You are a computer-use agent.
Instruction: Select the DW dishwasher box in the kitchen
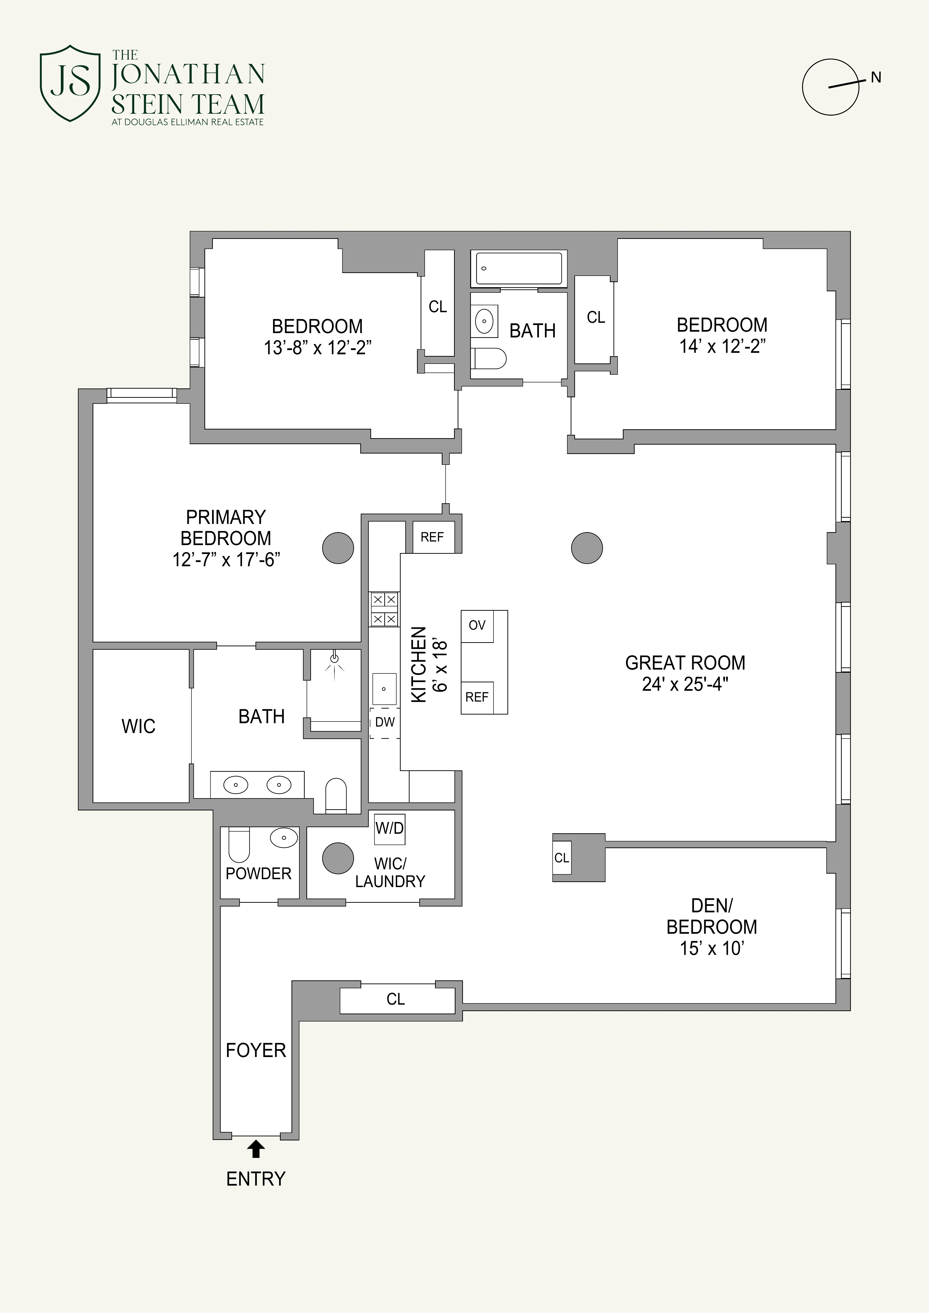384,722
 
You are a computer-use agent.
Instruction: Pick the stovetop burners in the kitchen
384,609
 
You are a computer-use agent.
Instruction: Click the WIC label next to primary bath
139,726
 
